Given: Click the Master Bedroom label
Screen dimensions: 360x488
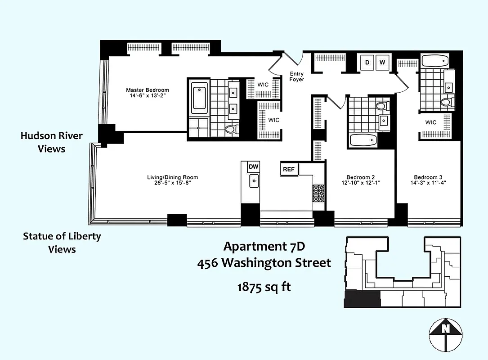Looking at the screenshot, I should (x=147, y=90).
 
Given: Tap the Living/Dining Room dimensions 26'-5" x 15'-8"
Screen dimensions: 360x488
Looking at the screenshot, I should (x=172, y=183).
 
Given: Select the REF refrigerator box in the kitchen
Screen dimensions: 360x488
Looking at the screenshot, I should (x=289, y=169).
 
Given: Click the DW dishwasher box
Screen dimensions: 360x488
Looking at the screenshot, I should (x=253, y=167).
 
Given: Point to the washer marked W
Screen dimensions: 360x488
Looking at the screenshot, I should (x=382, y=63).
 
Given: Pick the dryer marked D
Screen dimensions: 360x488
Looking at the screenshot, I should (x=367, y=63).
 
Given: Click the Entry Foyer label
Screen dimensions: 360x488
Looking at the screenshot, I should (x=296, y=76).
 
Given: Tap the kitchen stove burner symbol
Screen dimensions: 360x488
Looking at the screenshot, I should (x=318, y=192).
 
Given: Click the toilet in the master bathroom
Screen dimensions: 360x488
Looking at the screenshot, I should (x=230, y=130).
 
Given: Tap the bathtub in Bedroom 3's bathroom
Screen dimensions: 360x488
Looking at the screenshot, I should (x=435, y=60).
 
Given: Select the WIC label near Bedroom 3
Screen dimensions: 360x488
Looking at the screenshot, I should (x=430, y=122).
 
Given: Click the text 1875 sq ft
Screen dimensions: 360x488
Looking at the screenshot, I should (x=264, y=287).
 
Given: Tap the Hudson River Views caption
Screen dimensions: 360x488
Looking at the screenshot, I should (x=51, y=142).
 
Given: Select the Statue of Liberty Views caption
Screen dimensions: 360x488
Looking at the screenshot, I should (x=62, y=243).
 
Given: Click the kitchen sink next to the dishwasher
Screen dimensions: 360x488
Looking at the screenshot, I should (x=254, y=181).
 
